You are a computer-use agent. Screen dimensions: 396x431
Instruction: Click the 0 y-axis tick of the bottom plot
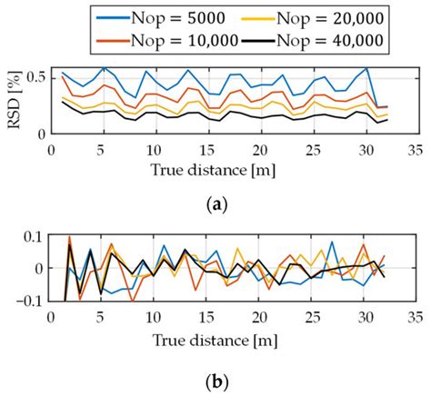(45, 269)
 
